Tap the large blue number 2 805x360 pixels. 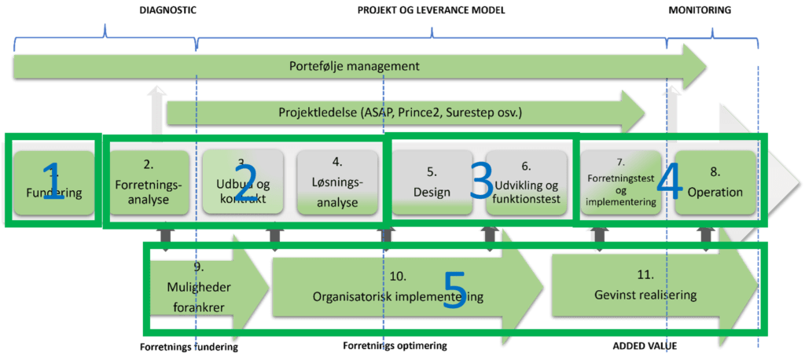click(245, 182)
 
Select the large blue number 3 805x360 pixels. click(481, 182)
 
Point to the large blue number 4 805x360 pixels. click(669, 182)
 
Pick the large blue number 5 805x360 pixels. click(455, 289)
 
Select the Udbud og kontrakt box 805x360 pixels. click(242, 182)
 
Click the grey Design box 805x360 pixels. click(432, 182)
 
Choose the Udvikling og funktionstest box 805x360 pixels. click(526, 182)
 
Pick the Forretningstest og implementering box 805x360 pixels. click(620, 182)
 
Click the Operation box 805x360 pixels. click(715, 182)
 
